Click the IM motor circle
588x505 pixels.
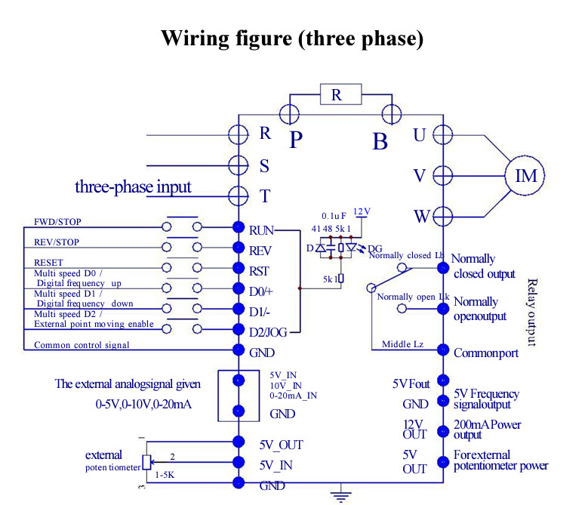pyautogui.click(x=526, y=176)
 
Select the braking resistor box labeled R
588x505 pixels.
pyautogui.click(x=337, y=94)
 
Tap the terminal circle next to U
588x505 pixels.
pyautogui.click(x=443, y=135)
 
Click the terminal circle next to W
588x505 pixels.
pyautogui.click(x=443, y=217)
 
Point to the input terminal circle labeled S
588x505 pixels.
pyautogui.click(x=239, y=165)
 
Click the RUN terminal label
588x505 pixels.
pyautogui.click(x=261, y=229)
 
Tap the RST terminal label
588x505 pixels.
pyautogui.click(x=259, y=269)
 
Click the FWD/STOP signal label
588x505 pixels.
pyautogui.click(x=58, y=223)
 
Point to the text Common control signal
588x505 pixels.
pyautogui.click(x=82, y=345)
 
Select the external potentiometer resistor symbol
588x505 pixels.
pyautogui.click(x=146, y=462)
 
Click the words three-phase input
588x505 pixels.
pyautogui.click(x=133, y=186)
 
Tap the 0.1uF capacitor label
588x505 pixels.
pyautogui.click(x=333, y=215)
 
